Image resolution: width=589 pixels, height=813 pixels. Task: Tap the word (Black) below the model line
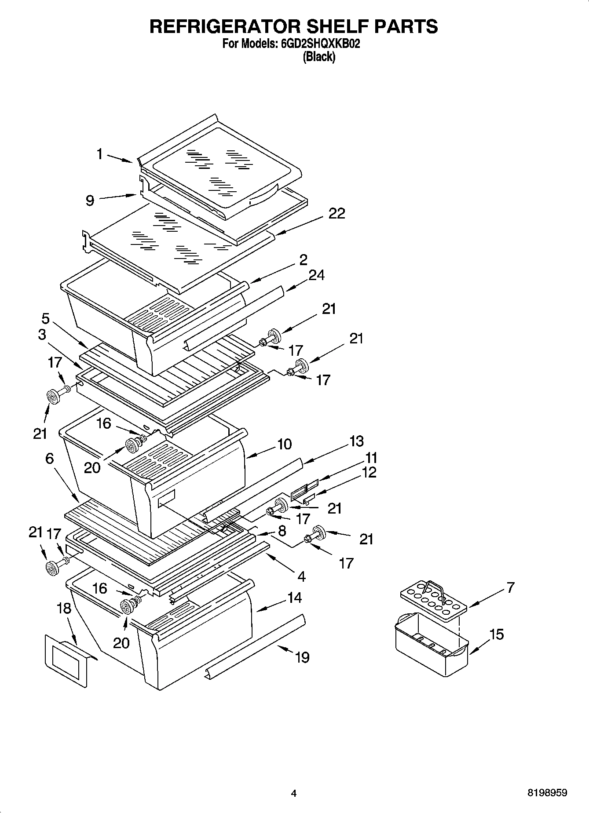click(319, 57)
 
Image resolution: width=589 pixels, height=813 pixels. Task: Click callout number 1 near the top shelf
click(100, 154)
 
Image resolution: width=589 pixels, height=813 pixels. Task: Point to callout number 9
click(90, 201)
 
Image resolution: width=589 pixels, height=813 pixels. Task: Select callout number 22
click(337, 213)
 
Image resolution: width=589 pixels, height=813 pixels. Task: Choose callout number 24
click(316, 275)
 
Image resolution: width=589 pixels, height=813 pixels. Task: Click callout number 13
click(357, 441)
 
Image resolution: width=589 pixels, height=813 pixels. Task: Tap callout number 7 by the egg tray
click(510, 587)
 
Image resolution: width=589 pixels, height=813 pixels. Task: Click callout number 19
click(302, 657)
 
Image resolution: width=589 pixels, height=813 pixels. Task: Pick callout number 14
click(295, 598)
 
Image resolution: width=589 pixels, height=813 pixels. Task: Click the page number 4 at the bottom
click(294, 794)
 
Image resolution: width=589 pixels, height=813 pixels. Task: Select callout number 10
click(285, 444)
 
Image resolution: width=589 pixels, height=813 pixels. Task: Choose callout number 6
click(49, 459)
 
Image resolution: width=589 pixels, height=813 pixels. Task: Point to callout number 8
click(282, 531)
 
